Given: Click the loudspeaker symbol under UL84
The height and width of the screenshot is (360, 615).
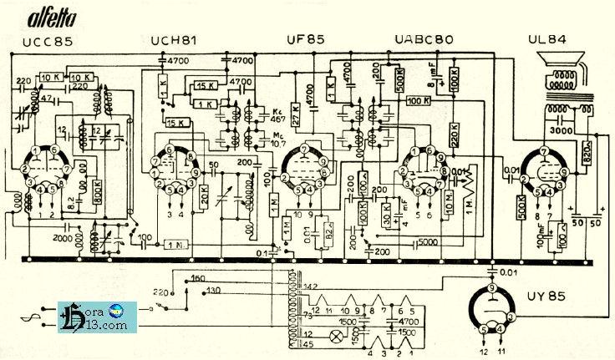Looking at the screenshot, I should pos(563,71).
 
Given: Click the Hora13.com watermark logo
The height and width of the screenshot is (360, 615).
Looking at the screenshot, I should pos(96,317).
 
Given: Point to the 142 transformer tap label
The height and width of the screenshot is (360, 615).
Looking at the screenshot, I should pos(287,286).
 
